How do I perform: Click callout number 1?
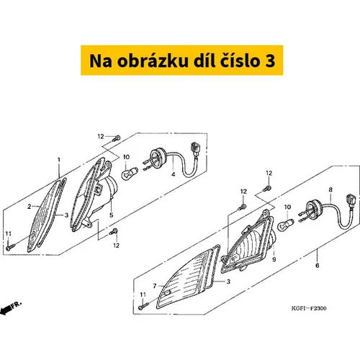[59, 160]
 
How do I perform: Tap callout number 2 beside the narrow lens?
[30, 207]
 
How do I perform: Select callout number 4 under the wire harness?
[174, 174]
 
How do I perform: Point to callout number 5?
[111, 215]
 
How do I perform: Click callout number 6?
[318, 266]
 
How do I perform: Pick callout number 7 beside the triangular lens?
[155, 286]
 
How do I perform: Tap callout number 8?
[330, 190]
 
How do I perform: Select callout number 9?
[274, 259]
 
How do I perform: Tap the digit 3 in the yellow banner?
[270, 61]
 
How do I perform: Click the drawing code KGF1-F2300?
[309, 308]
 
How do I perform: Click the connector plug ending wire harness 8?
[350, 202]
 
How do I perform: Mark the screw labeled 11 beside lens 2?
[10, 247]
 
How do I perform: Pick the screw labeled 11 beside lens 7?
[143, 307]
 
